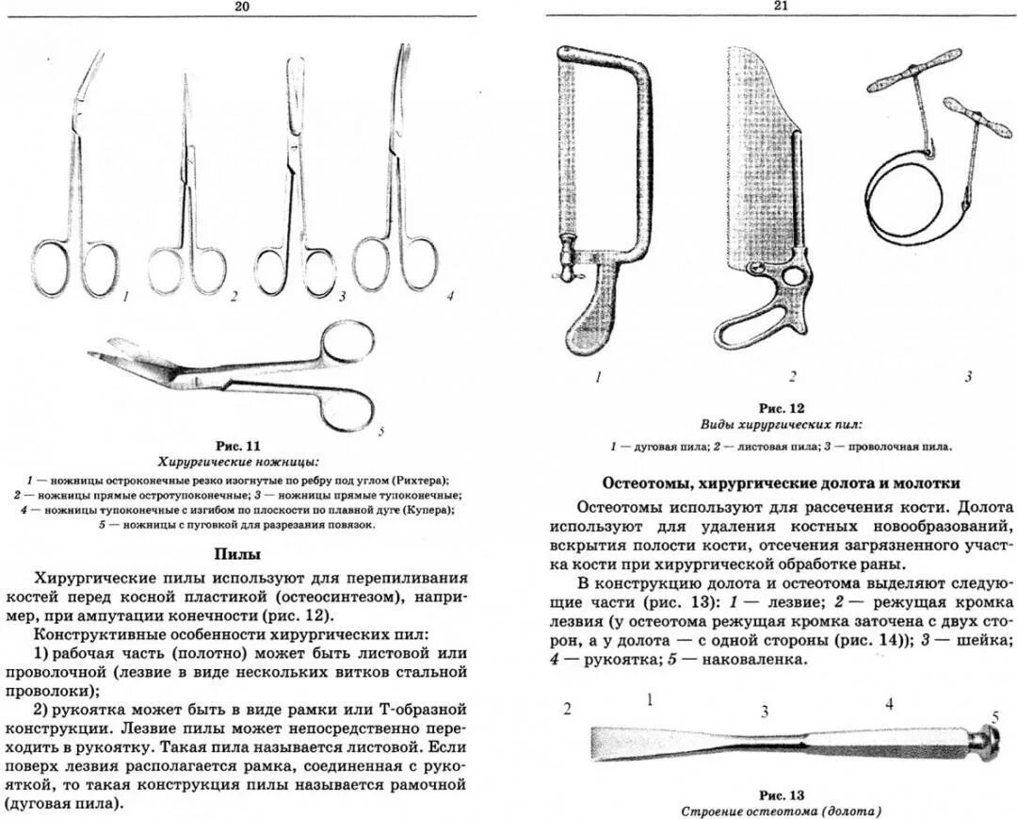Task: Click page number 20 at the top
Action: (x=243, y=7)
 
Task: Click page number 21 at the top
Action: (x=780, y=7)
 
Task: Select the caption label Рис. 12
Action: (x=783, y=409)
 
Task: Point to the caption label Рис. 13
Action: (x=782, y=795)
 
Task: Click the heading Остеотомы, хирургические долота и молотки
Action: (x=781, y=483)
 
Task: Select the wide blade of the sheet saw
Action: (x=757, y=160)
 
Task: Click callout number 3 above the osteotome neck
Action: (x=765, y=711)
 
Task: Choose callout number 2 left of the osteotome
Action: (x=567, y=709)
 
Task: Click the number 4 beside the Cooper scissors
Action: (x=451, y=296)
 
